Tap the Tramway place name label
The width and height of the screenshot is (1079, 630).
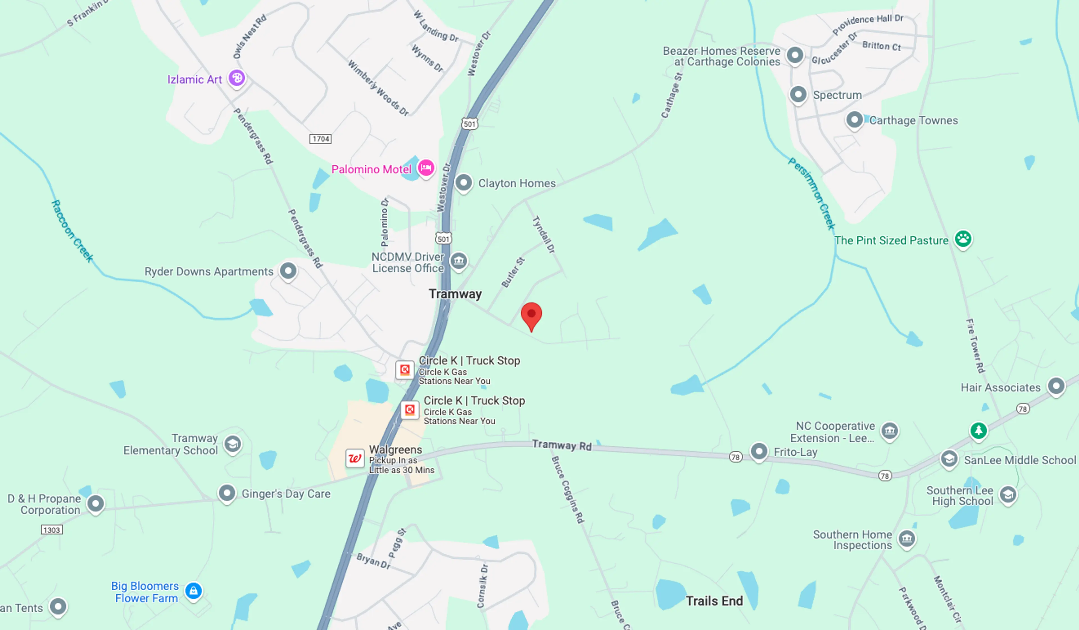point(455,294)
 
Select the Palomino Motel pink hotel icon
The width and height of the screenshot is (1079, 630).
point(426,168)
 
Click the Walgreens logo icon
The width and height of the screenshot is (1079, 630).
point(355,458)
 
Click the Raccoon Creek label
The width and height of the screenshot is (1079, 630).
point(72,231)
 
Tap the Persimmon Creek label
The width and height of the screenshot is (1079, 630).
point(812,193)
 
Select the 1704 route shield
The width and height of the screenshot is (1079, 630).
point(320,139)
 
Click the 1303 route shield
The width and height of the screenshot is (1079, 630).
point(52,530)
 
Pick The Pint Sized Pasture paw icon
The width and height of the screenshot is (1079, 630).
point(963,239)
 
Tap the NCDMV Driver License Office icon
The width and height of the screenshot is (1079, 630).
point(459,260)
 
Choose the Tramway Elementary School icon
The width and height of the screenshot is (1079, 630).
point(233,444)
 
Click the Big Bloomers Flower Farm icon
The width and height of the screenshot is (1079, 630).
point(194,591)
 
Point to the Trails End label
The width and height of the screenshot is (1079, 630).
point(714,601)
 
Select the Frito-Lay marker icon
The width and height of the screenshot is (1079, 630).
point(759,451)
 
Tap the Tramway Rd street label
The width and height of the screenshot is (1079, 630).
point(562,445)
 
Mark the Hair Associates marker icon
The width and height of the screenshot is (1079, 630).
point(1056,386)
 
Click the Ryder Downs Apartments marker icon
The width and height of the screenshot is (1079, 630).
point(288,271)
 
